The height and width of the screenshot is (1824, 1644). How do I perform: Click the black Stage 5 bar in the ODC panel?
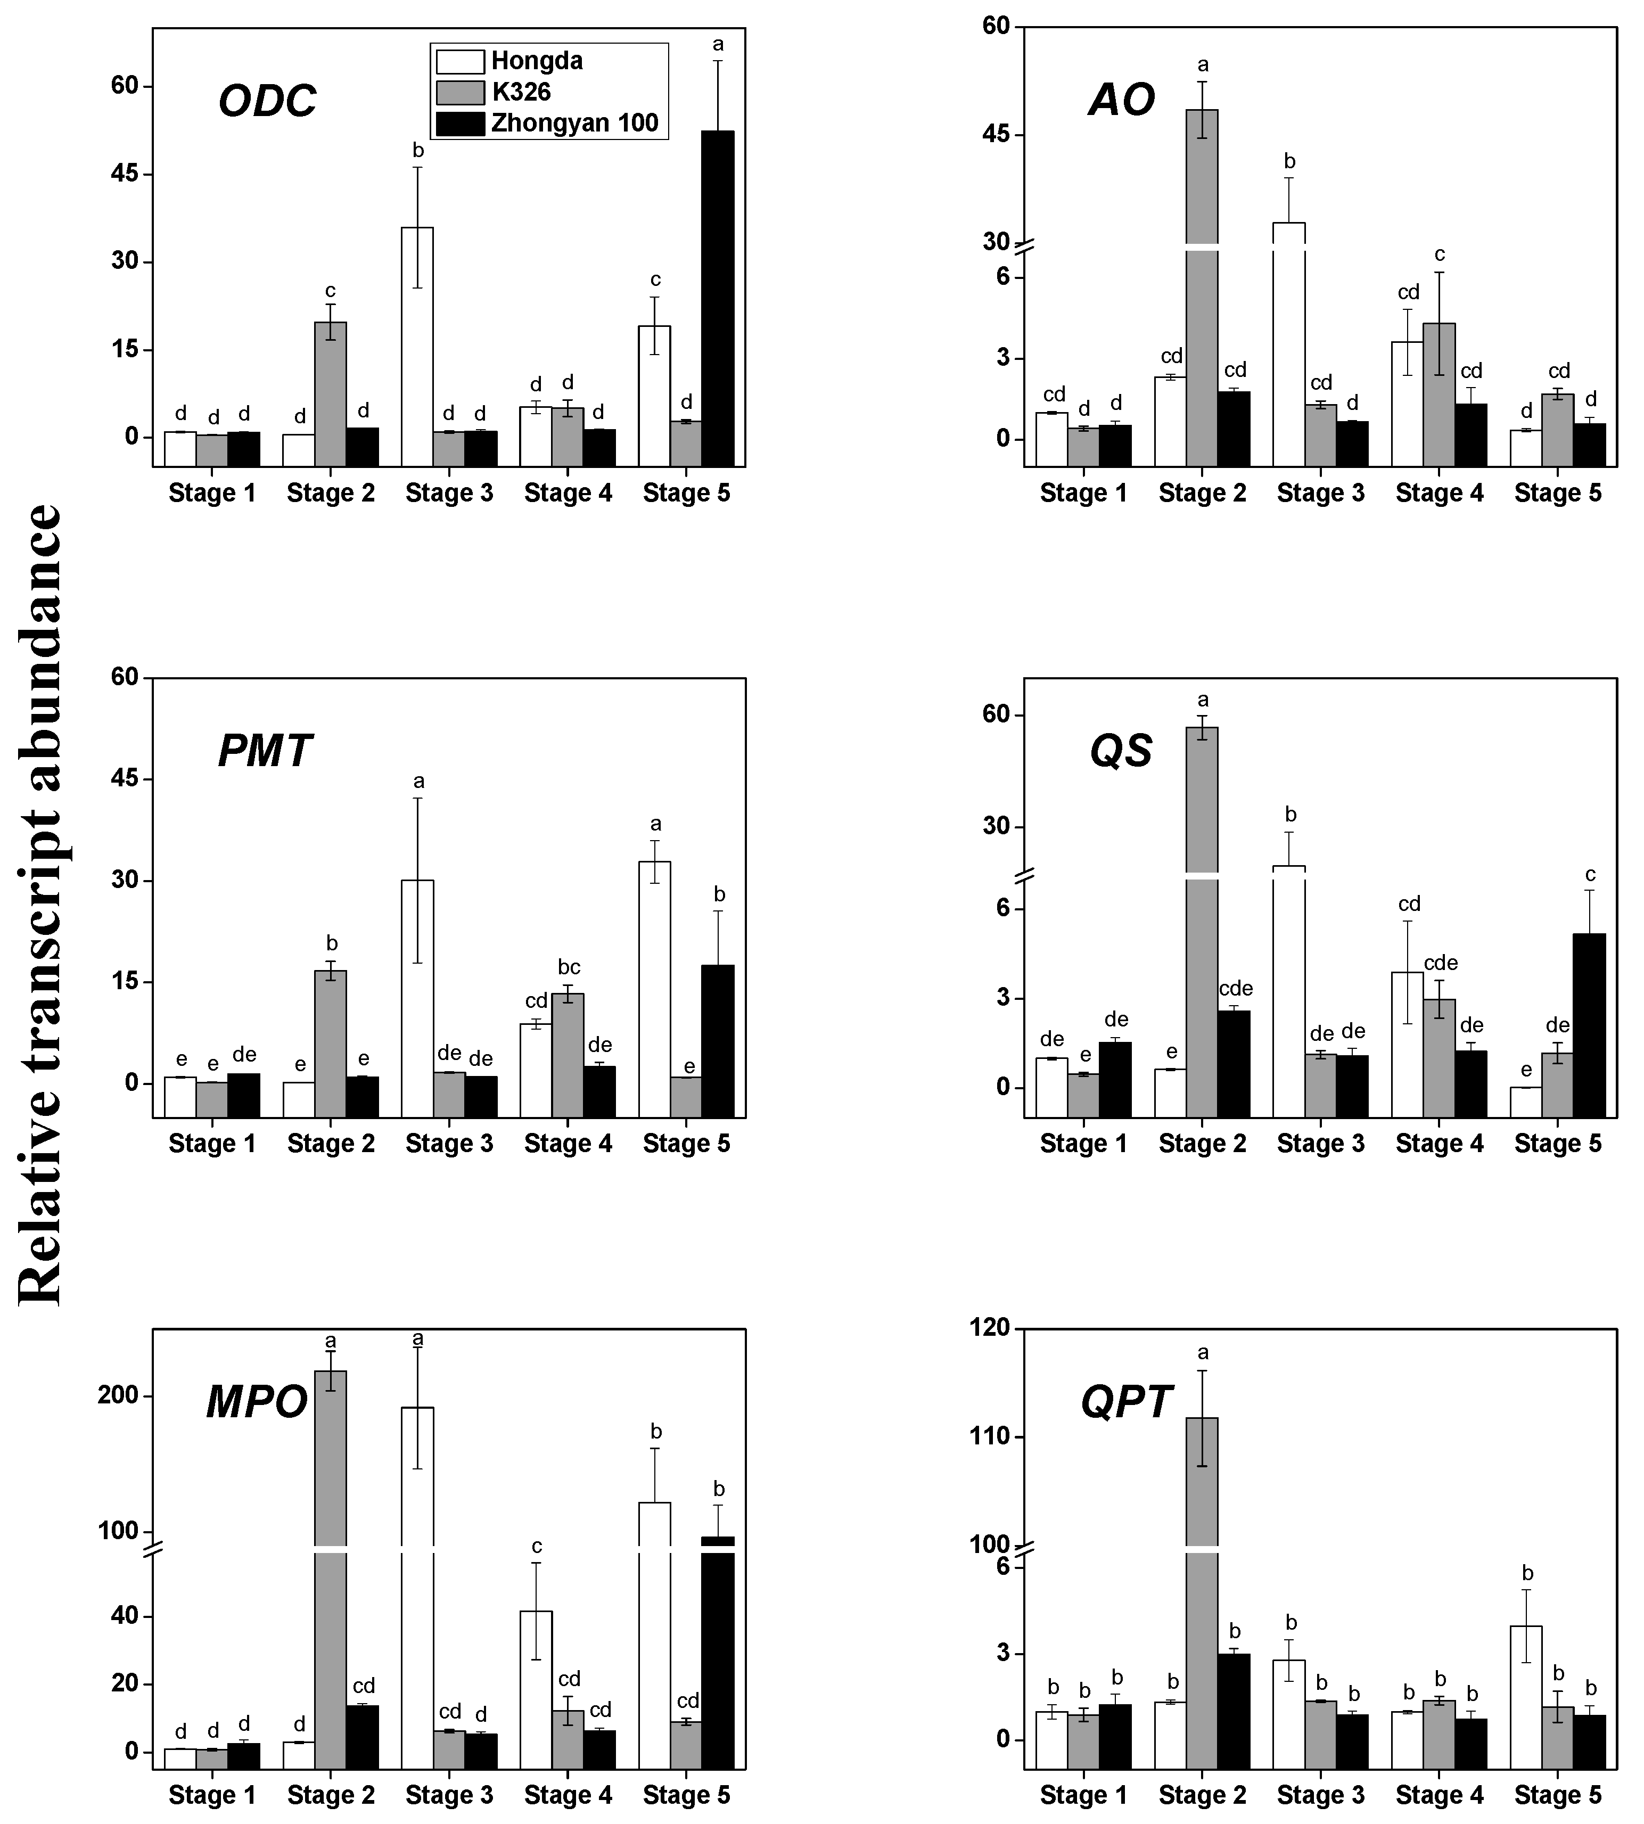(x=718, y=298)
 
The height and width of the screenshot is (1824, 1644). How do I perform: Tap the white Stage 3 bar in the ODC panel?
(x=417, y=348)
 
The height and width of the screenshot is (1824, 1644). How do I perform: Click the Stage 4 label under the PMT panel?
(x=568, y=1144)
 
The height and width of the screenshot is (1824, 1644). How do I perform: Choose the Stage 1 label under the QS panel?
(x=1084, y=1144)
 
